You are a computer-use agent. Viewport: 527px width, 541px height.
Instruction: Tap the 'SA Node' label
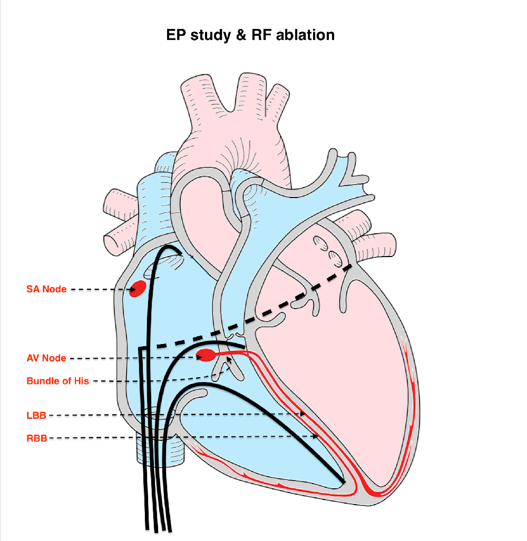pyautogui.click(x=46, y=289)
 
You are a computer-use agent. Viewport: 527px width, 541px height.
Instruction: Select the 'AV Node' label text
pyautogui.click(x=46, y=358)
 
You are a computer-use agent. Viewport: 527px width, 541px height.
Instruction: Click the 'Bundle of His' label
pyautogui.click(x=58, y=381)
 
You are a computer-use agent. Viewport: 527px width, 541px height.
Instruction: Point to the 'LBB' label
pyautogui.click(x=36, y=416)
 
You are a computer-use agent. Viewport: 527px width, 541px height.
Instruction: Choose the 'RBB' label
pyautogui.click(x=37, y=437)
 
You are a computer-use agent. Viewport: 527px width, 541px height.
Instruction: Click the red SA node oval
pyautogui.click(x=139, y=288)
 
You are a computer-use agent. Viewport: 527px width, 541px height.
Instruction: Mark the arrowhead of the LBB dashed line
pyautogui.click(x=304, y=414)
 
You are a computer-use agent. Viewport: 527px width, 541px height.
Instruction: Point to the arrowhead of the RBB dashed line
pyautogui.click(x=316, y=436)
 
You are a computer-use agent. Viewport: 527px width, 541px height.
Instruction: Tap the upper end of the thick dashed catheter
pyautogui.click(x=351, y=266)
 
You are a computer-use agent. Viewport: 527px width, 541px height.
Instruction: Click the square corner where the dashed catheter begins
pyautogui.click(x=141, y=348)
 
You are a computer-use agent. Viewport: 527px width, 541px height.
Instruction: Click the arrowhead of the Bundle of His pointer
pyautogui.click(x=229, y=359)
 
